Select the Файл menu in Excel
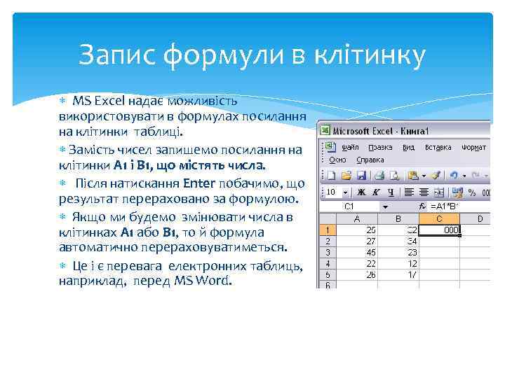[350, 148]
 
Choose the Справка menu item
[370, 160]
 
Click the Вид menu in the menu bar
[409, 148]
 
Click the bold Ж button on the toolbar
[361, 192]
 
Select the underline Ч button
[392, 192]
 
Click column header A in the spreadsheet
[356, 218]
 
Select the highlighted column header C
[440, 218]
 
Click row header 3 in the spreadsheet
[326, 253]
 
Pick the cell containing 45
[370, 253]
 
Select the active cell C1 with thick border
[440, 230]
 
